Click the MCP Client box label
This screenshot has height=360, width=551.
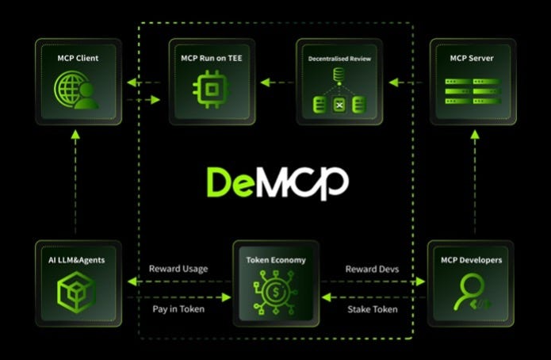77,58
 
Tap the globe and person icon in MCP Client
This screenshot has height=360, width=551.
77,90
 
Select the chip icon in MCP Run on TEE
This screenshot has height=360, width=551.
210,90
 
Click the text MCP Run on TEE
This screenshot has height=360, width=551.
210,58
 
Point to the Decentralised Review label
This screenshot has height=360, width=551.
339,59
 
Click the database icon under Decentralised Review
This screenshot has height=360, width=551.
339,92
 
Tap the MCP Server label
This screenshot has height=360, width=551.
473,58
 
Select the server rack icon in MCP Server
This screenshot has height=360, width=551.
473,91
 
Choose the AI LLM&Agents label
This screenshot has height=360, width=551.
78,259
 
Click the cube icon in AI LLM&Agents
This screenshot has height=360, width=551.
77,292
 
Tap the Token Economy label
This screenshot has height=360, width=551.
276,259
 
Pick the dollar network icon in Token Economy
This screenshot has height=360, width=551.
276,292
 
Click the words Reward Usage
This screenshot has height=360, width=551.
178,269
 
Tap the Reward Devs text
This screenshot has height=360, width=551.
372,269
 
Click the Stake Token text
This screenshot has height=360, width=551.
373,308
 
